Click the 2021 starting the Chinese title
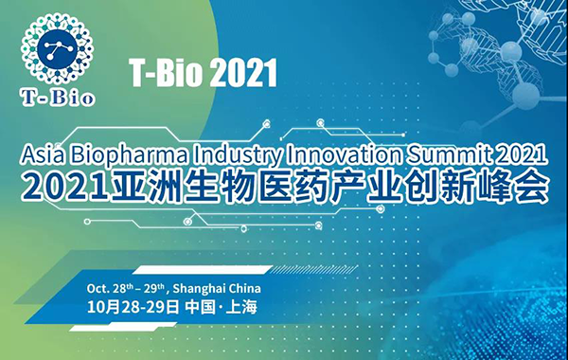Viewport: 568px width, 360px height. [x=59, y=187]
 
